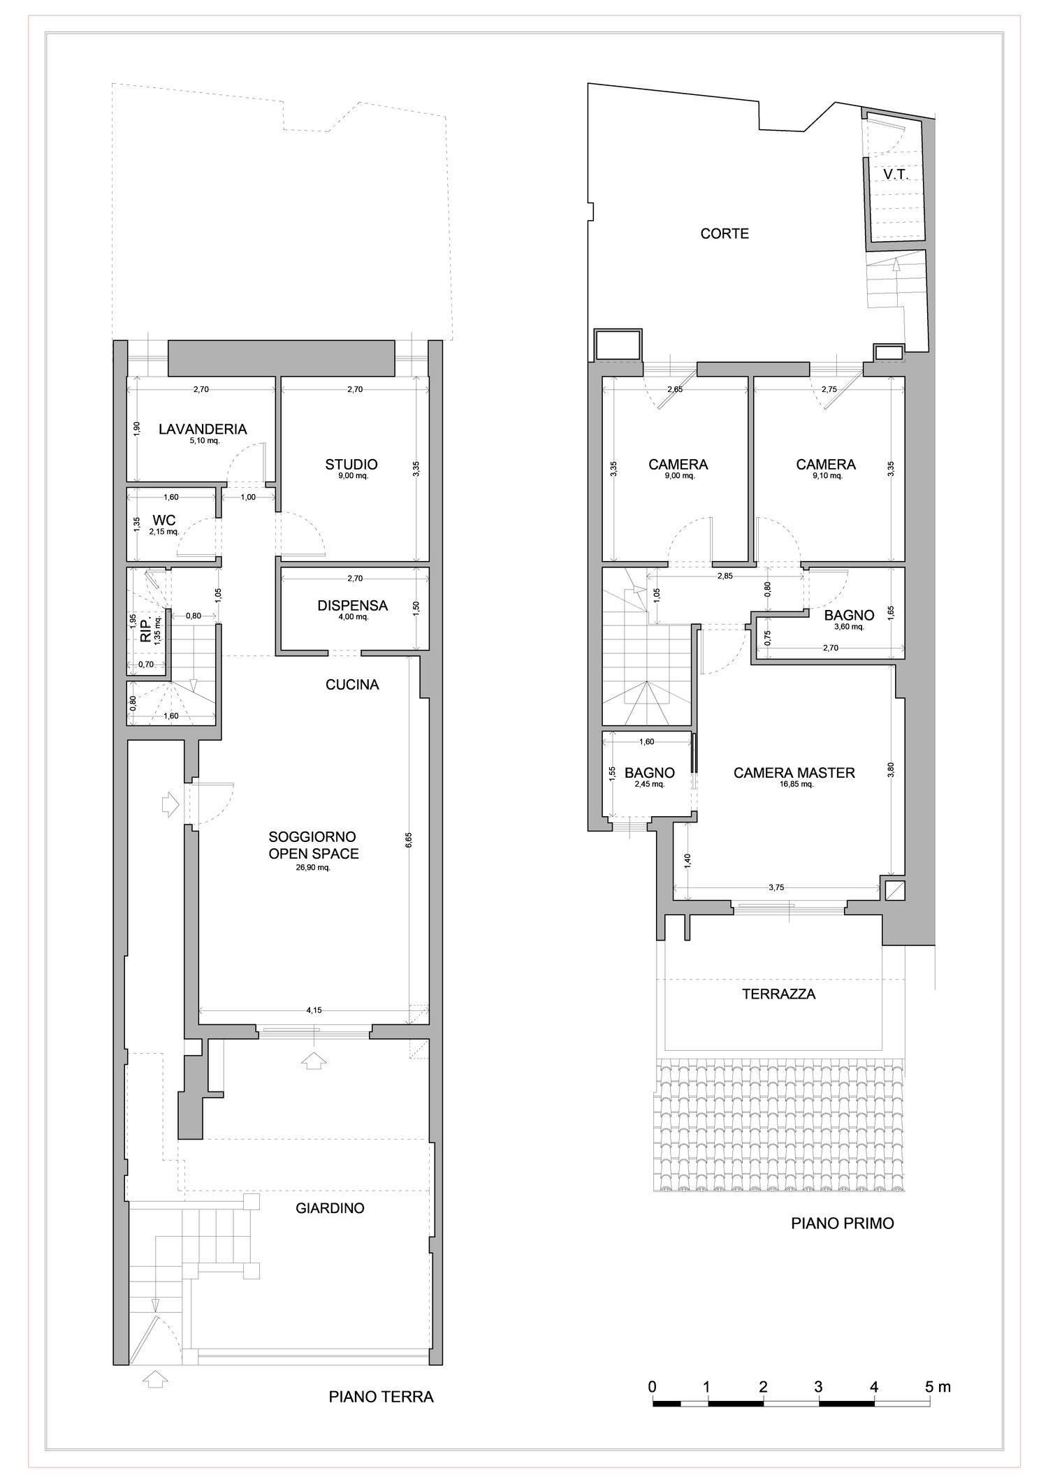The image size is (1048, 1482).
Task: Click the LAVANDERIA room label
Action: (203, 429)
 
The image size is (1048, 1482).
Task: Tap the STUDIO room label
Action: (351, 465)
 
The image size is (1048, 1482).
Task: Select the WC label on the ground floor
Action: (164, 521)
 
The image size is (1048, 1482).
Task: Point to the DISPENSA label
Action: (353, 606)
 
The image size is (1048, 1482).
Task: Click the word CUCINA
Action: (353, 685)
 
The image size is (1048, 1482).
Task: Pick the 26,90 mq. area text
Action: (314, 868)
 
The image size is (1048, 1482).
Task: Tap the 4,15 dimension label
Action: (314, 1010)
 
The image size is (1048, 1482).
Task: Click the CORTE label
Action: (725, 234)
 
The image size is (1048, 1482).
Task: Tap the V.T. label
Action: (896, 175)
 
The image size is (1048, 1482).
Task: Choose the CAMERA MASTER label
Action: (794, 773)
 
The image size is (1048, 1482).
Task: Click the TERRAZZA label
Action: (779, 994)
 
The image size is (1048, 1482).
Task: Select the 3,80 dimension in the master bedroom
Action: (890, 769)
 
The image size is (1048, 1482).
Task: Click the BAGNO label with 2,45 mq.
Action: (650, 773)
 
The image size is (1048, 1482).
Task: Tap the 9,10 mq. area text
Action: (826, 476)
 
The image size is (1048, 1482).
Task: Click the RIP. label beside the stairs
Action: (146, 630)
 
